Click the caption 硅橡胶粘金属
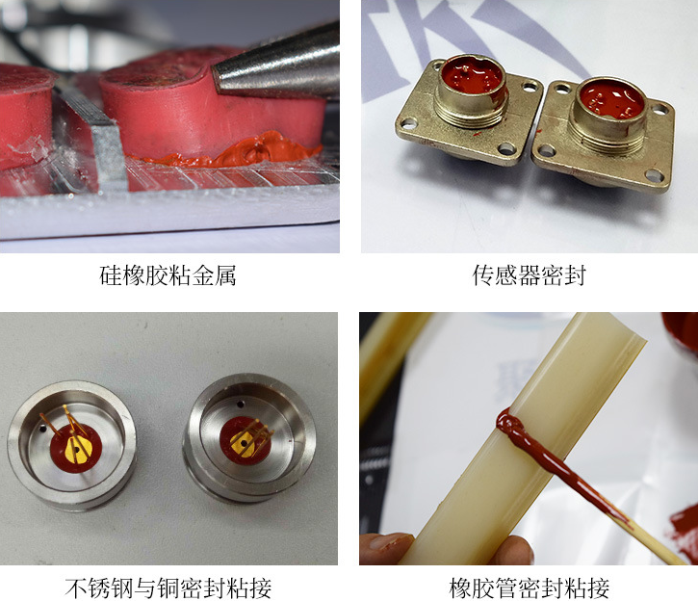coord(168,277)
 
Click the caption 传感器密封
coord(529,277)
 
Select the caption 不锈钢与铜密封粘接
coord(168,587)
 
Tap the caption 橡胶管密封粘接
coord(529,587)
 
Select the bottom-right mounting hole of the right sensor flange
coord(655,175)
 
